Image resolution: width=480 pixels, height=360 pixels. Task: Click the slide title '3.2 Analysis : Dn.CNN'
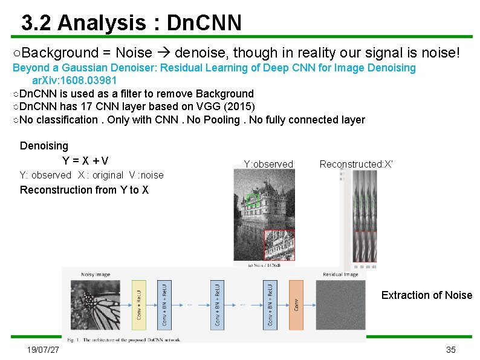click(131, 23)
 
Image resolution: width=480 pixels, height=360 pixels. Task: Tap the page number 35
click(450, 350)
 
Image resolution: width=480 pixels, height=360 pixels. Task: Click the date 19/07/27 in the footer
click(43, 350)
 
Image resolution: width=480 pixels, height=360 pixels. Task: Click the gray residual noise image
click(341, 307)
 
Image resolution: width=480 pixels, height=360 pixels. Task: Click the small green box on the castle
click(253, 200)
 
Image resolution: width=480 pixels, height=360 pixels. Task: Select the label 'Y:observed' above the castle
click(268, 164)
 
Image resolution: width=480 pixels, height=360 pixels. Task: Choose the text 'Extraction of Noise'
click(426, 295)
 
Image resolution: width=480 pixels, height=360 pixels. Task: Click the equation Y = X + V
click(85, 161)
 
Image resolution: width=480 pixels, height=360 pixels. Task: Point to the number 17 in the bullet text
click(84, 106)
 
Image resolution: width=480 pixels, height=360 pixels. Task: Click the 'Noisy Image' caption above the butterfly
click(96, 275)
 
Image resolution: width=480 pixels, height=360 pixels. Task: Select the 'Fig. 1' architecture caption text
click(131, 340)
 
